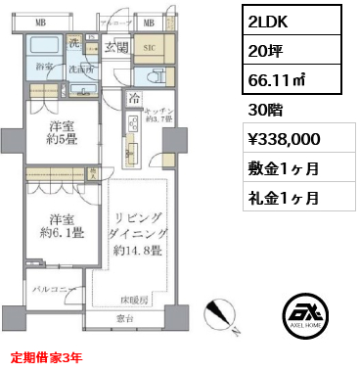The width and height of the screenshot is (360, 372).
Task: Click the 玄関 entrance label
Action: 117,48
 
